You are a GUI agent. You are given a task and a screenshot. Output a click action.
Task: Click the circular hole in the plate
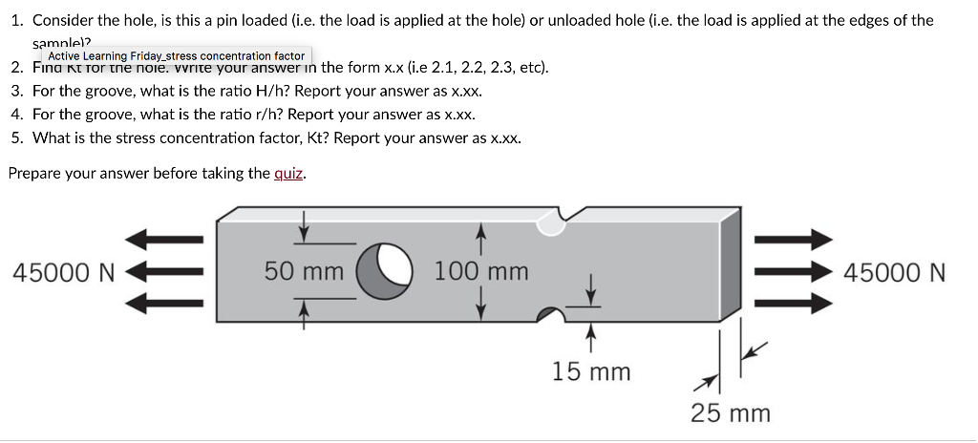tap(385, 271)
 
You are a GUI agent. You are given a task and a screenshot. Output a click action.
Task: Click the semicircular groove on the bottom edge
tap(549, 315)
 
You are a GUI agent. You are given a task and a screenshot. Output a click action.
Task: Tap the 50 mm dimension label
tap(304, 271)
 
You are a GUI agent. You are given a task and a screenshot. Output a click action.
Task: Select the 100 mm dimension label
tap(481, 271)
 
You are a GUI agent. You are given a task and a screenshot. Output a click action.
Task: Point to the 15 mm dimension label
tap(591, 371)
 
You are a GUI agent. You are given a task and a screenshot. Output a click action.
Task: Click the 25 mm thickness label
tap(731, 412)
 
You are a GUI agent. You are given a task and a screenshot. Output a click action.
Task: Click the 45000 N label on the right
tap(895, 273)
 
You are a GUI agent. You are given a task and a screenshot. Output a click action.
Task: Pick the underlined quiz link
tap(288, 173)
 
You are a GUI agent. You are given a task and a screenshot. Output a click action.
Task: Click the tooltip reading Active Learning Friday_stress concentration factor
tap(177, 56)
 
